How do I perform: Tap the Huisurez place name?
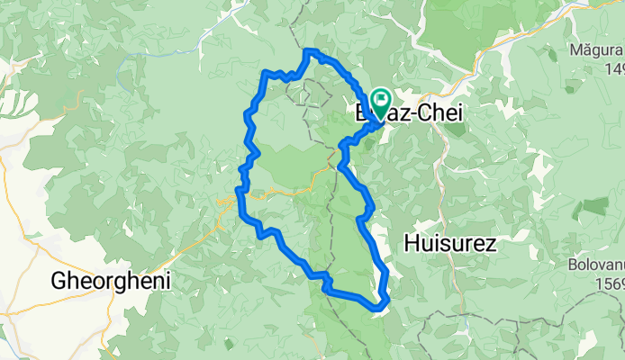[451, 242]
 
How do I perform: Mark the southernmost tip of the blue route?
[376, 311]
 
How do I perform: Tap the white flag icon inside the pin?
[378, 98]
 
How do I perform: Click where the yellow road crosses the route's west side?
[240, 194]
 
